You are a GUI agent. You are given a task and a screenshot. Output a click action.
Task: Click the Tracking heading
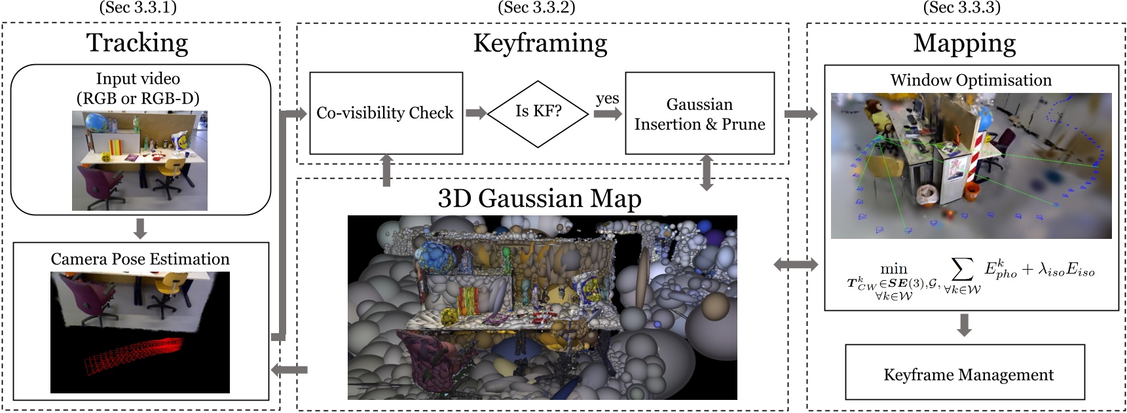click(138, 43)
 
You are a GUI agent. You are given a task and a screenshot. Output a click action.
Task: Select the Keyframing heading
click(540, 43)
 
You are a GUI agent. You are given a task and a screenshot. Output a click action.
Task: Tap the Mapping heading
click(965, 43)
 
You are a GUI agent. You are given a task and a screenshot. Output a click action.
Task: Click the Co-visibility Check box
click(386, 113)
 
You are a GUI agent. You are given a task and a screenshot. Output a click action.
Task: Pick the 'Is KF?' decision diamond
click(538, 113)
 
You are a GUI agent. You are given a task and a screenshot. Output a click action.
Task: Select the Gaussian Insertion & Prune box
click(699, 113)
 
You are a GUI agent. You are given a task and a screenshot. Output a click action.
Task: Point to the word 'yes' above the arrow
click(607, 98)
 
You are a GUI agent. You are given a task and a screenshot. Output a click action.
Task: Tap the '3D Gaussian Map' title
click(540, 198)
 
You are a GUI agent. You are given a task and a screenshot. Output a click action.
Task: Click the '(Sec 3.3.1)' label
click(138, 7)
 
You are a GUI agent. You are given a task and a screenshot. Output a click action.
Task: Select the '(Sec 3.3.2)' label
click(536, 7)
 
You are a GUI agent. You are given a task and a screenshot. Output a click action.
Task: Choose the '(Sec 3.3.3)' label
click(961, 7)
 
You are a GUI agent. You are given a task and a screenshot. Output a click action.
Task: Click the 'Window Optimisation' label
click(970, 80)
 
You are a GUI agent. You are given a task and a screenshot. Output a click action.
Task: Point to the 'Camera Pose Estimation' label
click(140, 259)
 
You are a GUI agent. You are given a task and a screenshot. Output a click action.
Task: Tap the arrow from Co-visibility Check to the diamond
click(476, 113)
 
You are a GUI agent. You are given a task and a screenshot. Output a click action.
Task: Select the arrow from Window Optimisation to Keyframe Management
click(963, 325)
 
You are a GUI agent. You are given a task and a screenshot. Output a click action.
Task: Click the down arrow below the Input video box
click(139, 228)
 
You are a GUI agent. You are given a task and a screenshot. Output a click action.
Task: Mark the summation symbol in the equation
click(961, 268)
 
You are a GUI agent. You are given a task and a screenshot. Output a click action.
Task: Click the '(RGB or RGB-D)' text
click(138, 98)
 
